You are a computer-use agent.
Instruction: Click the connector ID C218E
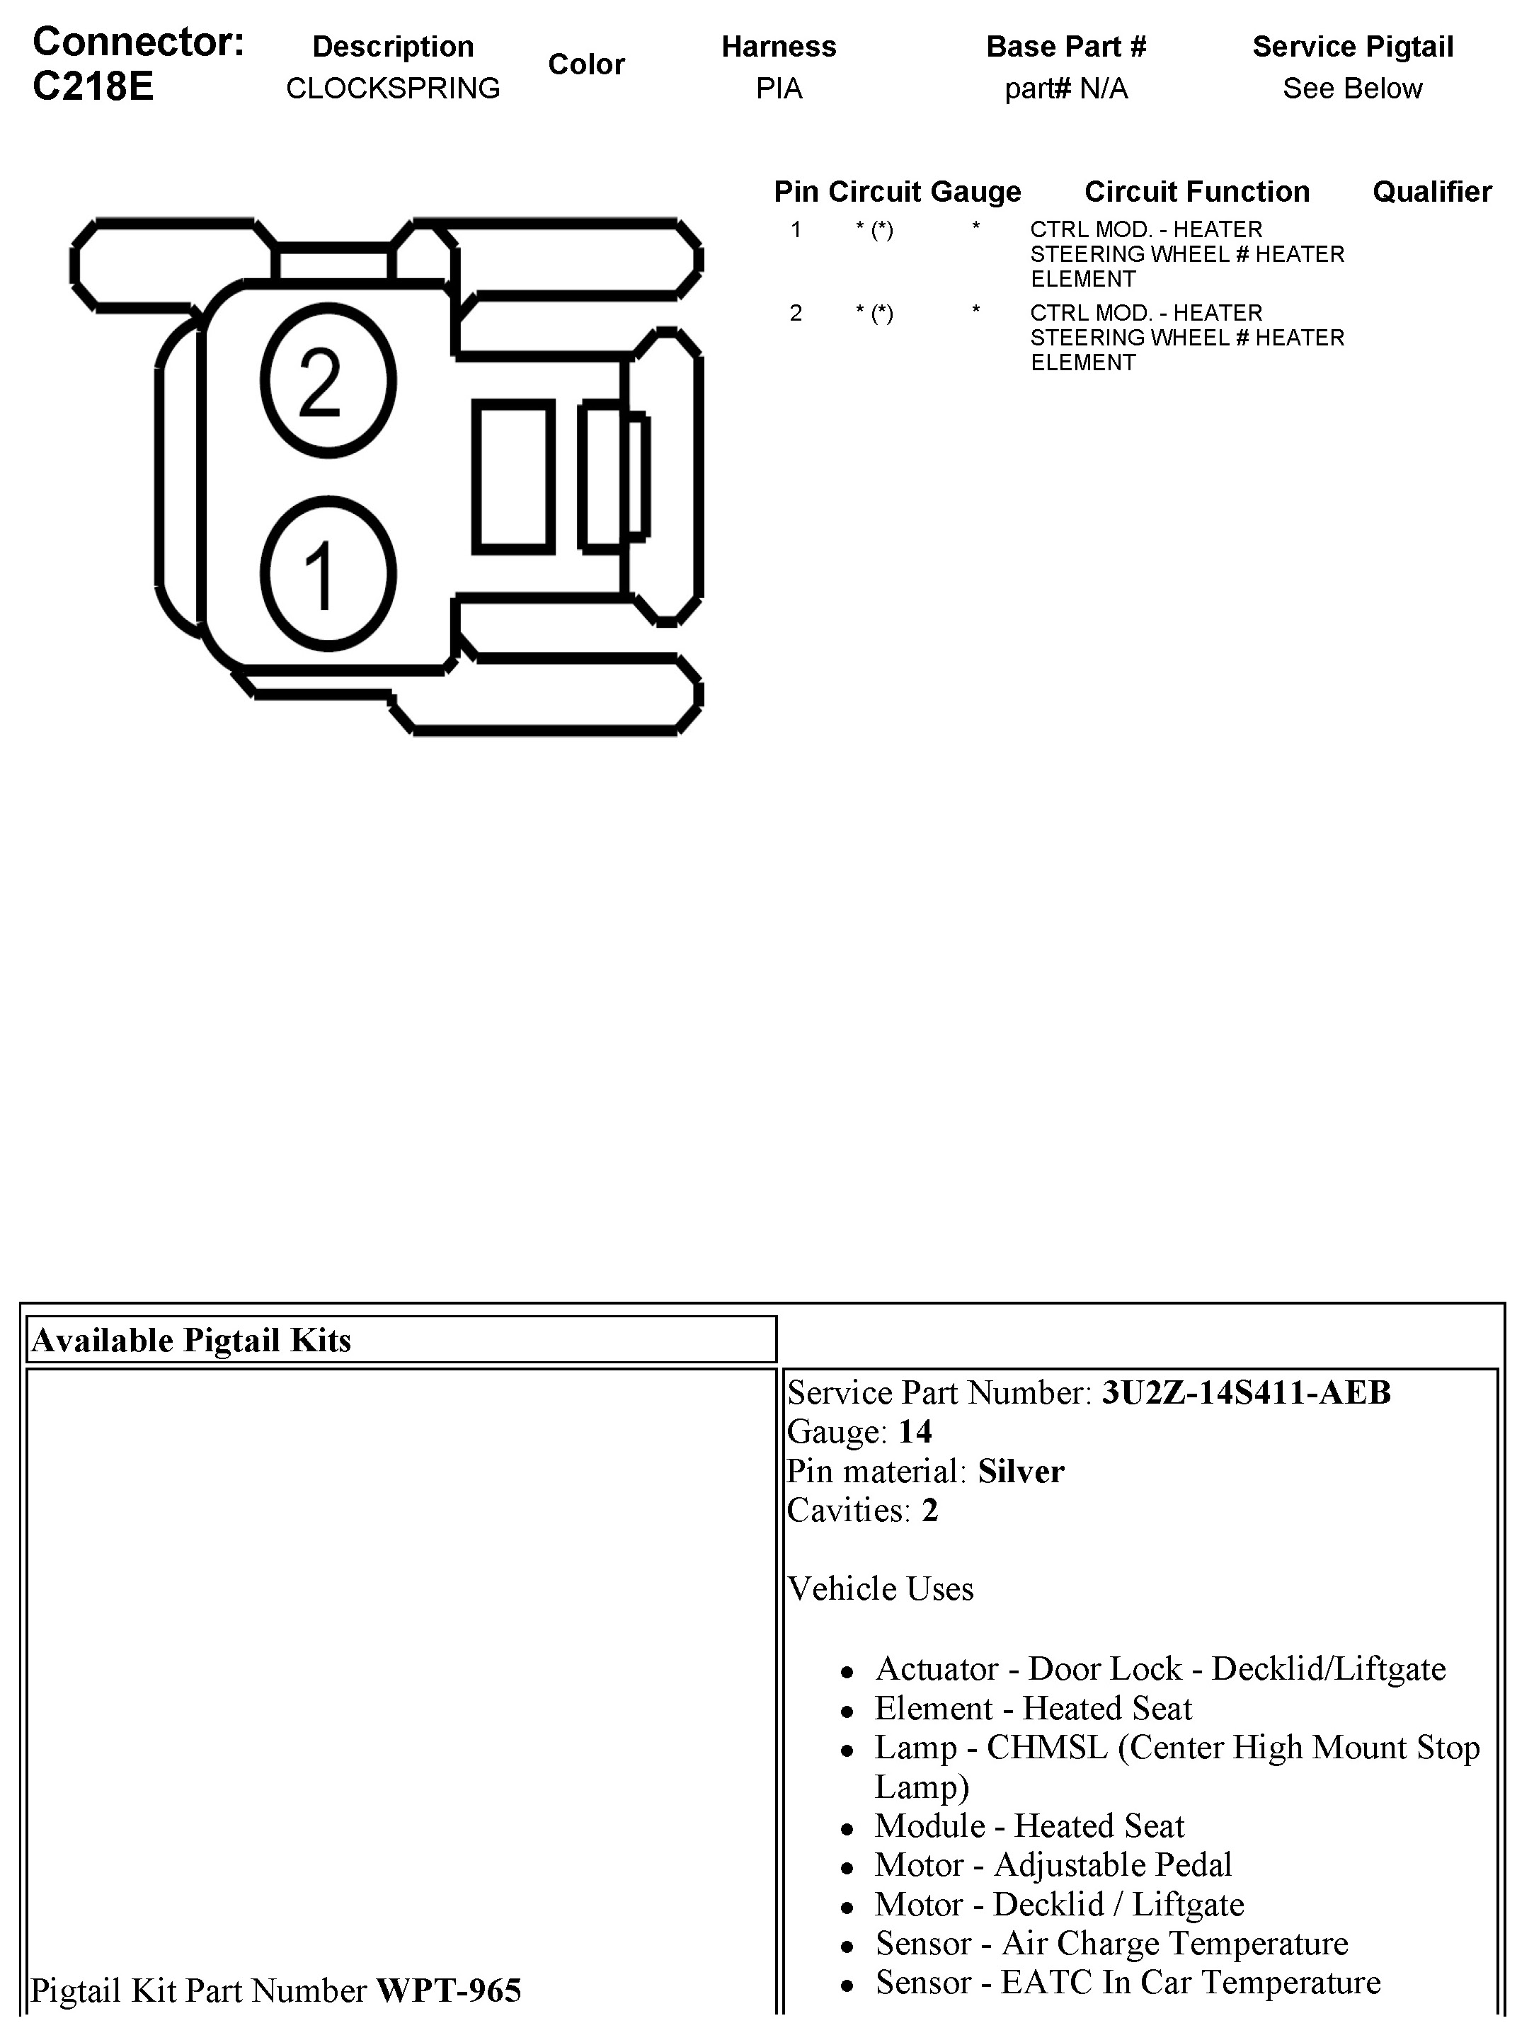point(93,86)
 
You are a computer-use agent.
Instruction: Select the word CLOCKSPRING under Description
point(393,88)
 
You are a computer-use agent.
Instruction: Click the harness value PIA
point(779,88)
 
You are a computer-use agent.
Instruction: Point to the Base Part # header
point(1065,47)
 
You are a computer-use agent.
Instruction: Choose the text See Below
point(1351,88)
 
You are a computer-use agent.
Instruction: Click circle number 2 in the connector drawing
point(328,381)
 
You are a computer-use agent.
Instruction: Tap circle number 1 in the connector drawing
point(328,573)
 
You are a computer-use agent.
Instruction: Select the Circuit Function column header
point(1196,192)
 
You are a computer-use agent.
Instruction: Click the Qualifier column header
point(1431,192)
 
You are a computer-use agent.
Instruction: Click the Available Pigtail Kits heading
point(192,1340)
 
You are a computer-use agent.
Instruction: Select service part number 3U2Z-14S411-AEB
point(1245,1392)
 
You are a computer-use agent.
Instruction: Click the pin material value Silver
point(1020,1471)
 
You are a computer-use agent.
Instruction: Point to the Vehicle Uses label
point(880,1588)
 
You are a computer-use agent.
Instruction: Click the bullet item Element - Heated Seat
point(1033,1708)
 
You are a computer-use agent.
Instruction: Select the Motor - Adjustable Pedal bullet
point(1053,1864)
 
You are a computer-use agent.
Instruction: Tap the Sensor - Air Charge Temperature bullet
point(1111,1943)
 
